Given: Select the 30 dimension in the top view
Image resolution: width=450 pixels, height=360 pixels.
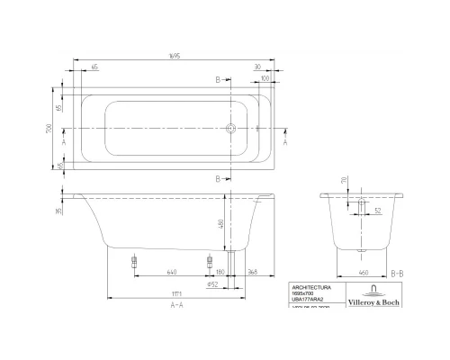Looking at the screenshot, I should (257, 67).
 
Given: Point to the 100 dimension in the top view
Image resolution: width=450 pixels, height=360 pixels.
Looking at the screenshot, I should (265, 79).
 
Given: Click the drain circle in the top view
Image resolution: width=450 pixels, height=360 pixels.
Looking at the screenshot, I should (231, 128).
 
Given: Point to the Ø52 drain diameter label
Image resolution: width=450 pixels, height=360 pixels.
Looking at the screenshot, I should (212, 284).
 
